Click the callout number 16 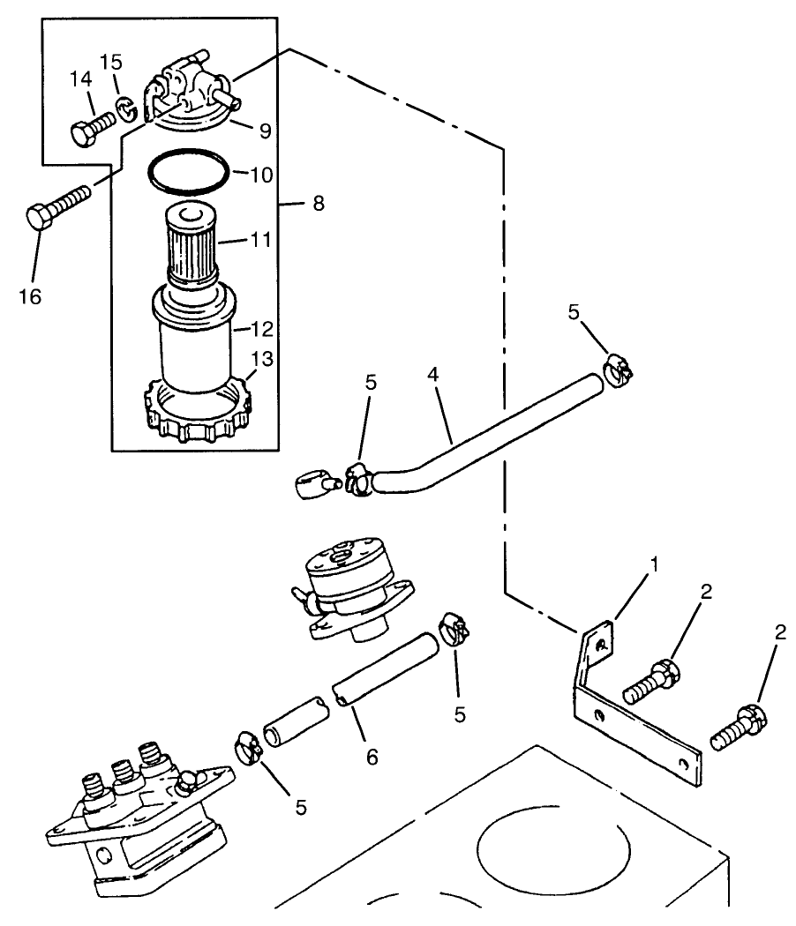(x=29, y=296)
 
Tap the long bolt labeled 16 (x=56, y=205)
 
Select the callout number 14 (x=80, y=80)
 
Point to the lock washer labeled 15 (x=125, y=108)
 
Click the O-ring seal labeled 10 (x=189, y=173)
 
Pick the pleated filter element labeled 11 (x=191, y=245)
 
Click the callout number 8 (x=318, y=204)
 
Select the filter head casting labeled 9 (x=190, y=93)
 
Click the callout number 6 (x=372, y=756)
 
